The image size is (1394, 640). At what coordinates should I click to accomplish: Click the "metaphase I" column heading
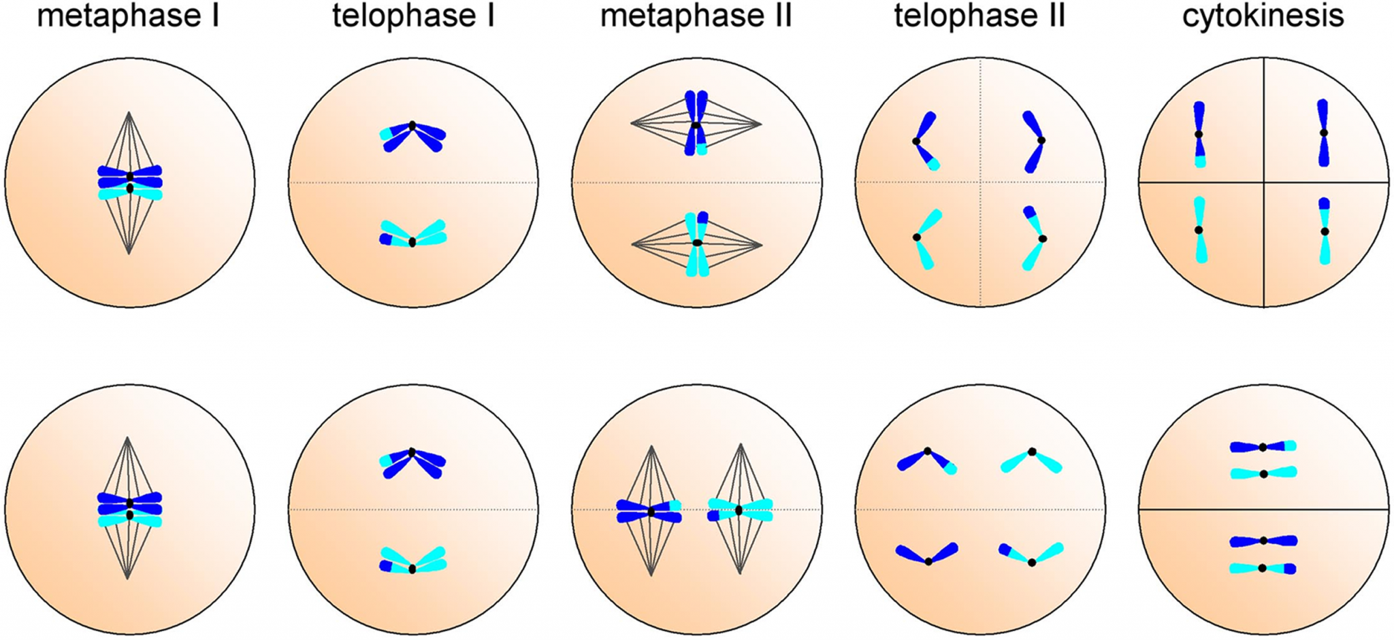pos(128,16)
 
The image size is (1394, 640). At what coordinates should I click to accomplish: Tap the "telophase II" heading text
pos(979,16)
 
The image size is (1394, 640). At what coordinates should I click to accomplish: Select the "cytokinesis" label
pos(1263,16)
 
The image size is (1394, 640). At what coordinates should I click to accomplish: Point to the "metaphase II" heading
pos(696,16)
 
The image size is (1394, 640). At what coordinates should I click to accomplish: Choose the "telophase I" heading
pos(412,16)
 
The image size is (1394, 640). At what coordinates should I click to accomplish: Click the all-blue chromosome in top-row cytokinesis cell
pos(1323,133)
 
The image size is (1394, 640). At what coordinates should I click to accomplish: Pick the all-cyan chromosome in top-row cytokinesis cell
pos(1199,231)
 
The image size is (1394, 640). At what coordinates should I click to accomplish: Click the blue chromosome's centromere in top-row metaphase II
pos(696,125)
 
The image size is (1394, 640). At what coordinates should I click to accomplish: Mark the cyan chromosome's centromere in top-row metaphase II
pos(697,243)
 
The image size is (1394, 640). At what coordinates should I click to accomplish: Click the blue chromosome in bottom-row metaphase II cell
pos(650,511)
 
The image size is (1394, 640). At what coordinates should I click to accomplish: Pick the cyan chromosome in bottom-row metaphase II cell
pos(740,510)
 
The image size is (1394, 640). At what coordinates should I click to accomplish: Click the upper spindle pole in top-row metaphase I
pos(129,112)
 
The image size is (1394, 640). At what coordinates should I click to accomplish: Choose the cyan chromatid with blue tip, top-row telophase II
pos(1034,238)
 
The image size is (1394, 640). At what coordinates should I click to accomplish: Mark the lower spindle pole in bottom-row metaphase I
pos(128,579)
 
